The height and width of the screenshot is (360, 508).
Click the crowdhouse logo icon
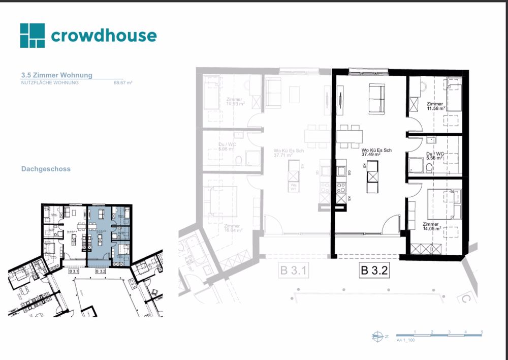[33, 36]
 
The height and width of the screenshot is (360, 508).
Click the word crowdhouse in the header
[104, 36]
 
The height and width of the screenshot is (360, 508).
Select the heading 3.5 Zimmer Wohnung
[57, 75]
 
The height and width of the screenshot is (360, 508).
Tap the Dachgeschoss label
[46, 169]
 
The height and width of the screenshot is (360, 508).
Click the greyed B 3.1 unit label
[294, 271]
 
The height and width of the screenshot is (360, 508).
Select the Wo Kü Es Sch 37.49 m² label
[376, 153]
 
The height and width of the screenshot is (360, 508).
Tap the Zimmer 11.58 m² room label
[436, 106]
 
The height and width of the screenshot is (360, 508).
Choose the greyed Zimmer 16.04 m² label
[232, 228]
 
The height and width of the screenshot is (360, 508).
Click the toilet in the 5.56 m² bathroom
[429, 168]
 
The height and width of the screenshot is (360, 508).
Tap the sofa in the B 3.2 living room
[377, 99]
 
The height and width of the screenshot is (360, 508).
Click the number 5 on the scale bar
[482, 332]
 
